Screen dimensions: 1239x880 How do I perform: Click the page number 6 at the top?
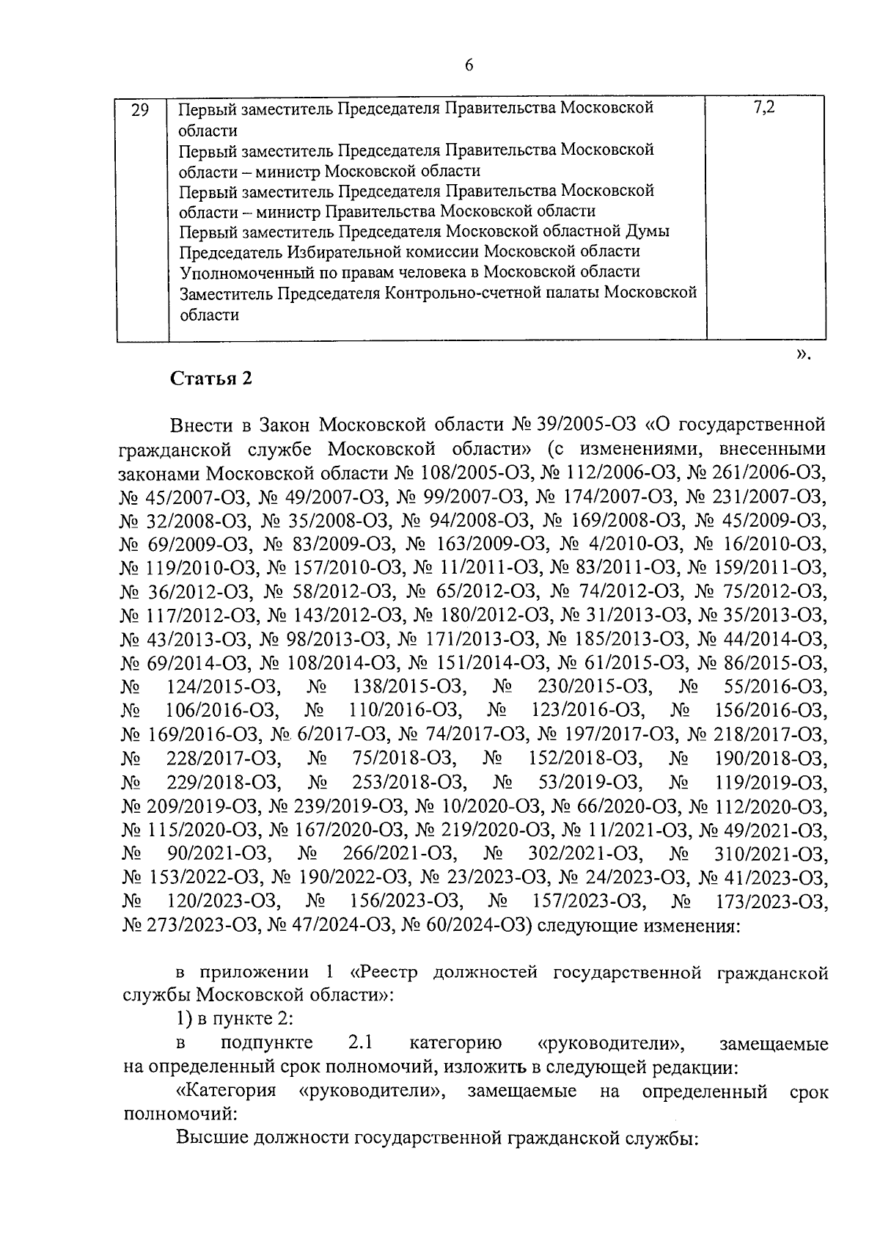click(469, 65)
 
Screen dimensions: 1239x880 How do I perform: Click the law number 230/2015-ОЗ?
click(594, 687)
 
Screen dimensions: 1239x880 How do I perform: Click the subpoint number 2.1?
click(361, 1044)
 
